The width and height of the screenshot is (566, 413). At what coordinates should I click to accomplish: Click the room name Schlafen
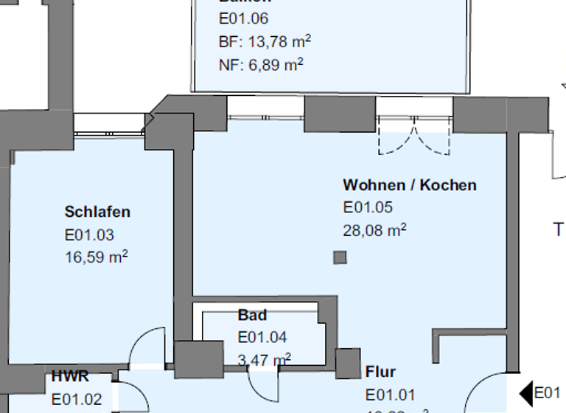(97, 212)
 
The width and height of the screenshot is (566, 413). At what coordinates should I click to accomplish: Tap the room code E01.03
(88, 235)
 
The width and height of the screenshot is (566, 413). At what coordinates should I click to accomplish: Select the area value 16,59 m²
(97, 257)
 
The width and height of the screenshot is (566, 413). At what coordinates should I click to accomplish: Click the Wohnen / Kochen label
(409, 185)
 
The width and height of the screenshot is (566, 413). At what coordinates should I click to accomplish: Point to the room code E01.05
(368, 208)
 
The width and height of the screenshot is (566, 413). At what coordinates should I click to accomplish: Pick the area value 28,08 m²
(375, 230)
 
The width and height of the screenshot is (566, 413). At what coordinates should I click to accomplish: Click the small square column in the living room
(340, 257)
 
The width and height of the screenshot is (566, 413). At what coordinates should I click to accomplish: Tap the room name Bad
(252, 316)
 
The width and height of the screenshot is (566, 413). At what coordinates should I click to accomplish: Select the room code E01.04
(262, 338)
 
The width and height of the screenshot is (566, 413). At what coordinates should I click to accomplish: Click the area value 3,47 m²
(264, 359)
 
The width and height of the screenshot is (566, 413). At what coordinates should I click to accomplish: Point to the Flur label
(380, 372)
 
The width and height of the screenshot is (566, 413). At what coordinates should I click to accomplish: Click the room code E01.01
(390, 395)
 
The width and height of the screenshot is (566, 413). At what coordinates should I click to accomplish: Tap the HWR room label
(70, 377)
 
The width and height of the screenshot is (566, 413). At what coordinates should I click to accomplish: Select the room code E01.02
(77, 400)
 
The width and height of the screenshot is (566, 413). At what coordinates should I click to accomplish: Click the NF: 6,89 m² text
(261, 65)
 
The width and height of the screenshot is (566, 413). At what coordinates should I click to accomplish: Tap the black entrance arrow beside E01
(526, 393)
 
